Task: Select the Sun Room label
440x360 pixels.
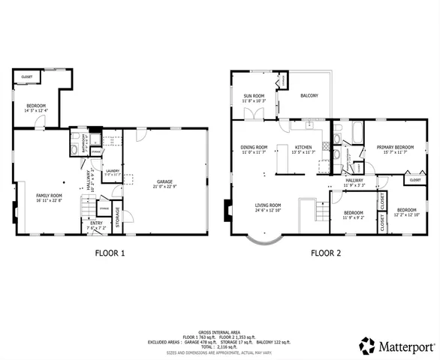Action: tap(254, 97)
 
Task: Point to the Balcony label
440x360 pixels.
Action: tap(309, 96)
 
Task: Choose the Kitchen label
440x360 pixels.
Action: tap(303, 148)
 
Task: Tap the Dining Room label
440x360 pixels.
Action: tap(254, 148)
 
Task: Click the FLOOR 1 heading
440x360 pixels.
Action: tap(110, 253)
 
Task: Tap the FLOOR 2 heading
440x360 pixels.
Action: tap(326, 253)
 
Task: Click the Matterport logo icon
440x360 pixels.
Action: tap(367, 346)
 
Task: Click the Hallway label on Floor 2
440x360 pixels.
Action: tap(354, 181)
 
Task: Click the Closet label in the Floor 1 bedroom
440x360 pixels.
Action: tap(26, 76)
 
